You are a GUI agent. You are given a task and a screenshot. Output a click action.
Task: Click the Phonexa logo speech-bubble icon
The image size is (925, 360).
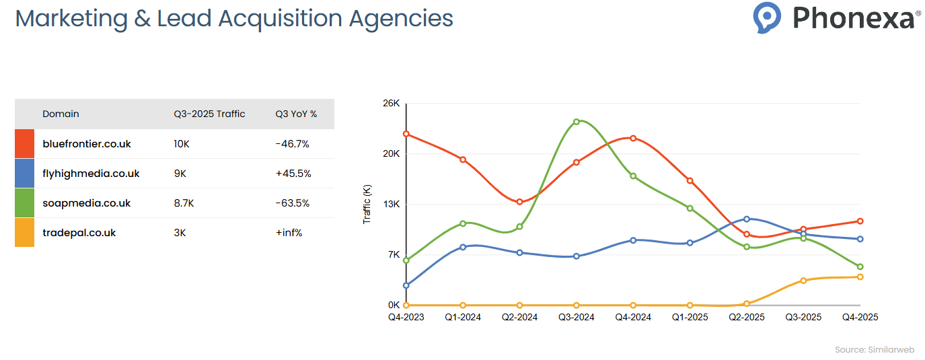tap(767, 17)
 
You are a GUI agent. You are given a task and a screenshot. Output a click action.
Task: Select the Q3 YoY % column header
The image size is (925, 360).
tap(296, 114)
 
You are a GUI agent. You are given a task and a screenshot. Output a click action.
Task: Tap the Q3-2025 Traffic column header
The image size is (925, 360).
tap(209, 114)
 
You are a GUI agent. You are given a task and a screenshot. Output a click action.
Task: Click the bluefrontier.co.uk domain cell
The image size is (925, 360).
tap(87, 144)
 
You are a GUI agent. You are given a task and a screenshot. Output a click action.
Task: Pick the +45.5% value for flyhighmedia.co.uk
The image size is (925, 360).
tap(293, 174)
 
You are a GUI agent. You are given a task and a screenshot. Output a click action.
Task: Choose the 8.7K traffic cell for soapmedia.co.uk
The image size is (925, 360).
tap(184, 203)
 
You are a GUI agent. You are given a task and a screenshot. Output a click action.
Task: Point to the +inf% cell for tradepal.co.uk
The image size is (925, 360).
tap(289, 233)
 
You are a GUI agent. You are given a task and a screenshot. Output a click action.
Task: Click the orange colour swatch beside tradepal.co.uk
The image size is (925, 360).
tap(25, 233)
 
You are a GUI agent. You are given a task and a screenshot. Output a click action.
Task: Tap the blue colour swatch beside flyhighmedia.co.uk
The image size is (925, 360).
tap(25, 174)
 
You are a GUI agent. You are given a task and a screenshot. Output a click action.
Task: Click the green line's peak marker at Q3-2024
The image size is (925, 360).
tap(577, 122)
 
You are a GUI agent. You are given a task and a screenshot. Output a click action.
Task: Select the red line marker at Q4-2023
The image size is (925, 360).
tap(406, 134)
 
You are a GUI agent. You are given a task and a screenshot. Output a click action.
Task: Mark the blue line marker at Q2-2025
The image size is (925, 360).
tap(747, 219)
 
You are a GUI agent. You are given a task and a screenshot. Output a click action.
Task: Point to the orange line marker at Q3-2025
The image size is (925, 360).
tap(803, 280)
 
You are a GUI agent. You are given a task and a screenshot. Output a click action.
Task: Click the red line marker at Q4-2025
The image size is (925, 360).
tap(860, 221)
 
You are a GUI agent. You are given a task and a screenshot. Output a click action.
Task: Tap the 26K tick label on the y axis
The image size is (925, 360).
tap(392, 104)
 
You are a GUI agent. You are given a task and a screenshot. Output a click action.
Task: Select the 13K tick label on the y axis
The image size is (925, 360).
tap(392, 204)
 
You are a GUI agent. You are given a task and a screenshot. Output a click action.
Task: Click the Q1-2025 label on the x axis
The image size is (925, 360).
tap(690, 317)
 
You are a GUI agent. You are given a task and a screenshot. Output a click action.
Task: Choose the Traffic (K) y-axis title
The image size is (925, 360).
tap(367, 204)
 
